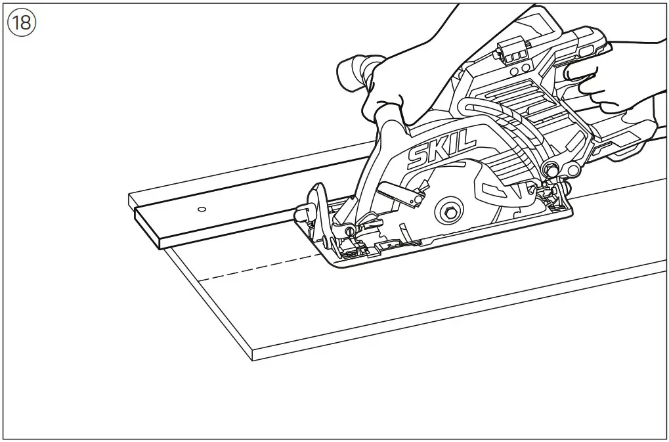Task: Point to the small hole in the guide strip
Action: (201, 210)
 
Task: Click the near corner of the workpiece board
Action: (253, 355)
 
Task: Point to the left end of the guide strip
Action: (148, 227)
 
